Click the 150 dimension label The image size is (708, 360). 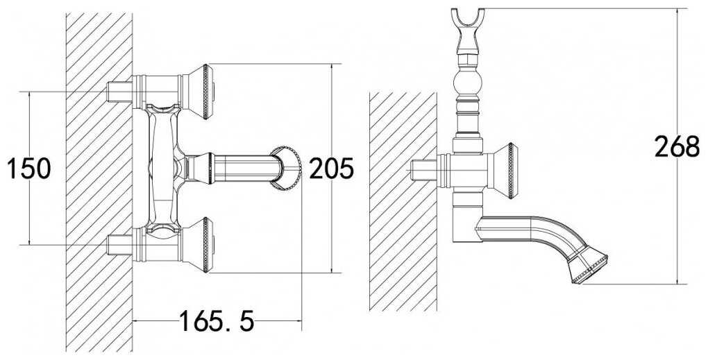[29, 169]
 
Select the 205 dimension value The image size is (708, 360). [331, 169]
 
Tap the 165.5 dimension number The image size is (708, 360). [217, 320]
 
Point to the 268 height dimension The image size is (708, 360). [677, 146]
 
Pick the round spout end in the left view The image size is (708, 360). [287, 169]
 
